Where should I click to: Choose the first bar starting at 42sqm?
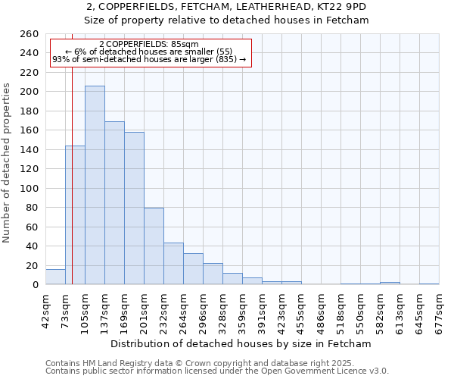55,277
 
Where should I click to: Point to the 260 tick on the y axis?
30,34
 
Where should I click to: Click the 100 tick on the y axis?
30,188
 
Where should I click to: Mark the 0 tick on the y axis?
35,284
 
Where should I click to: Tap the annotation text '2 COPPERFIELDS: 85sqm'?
148,45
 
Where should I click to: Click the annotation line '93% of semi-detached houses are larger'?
149,59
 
